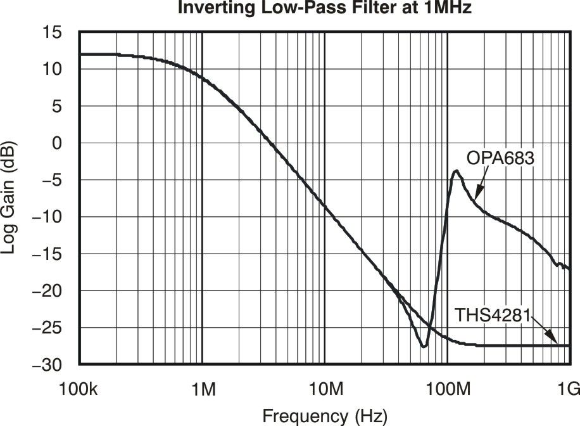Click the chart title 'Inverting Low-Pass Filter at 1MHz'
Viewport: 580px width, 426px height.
(324, 8)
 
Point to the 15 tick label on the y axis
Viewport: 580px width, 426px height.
(53, 32)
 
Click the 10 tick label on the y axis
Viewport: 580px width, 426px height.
(53, 69)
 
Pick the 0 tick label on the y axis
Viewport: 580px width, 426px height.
(57, 143)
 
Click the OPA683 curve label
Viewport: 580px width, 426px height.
(501, 158)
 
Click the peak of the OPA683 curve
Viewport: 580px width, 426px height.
(456, 171)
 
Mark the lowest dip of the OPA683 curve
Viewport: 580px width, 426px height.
(424, 346)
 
